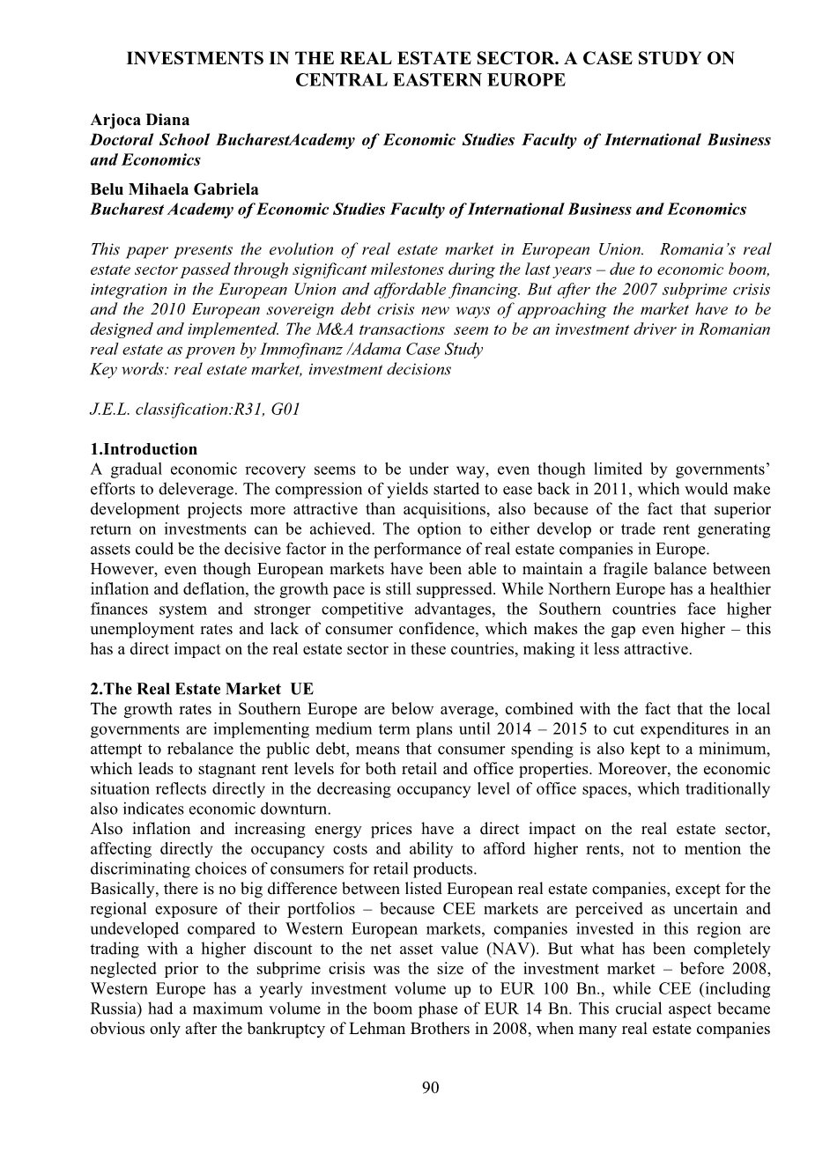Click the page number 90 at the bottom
tap(430, 1088)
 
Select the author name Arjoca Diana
tap(139, 120)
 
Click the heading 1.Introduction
tap(144, 449)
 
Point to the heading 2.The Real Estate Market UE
tap(202, 689)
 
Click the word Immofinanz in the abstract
tap(300, 350)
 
